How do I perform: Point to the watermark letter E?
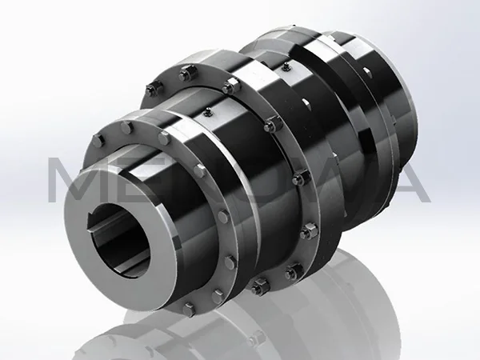[x=141, y=180]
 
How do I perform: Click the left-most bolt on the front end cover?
[x=97, y=142]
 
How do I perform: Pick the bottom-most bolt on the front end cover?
[x=190, y=307]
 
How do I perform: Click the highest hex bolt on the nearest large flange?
[x=186, y=74]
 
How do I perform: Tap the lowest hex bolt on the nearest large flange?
[x=259, y=286]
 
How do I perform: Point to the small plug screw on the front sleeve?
[x=205, y=112]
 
